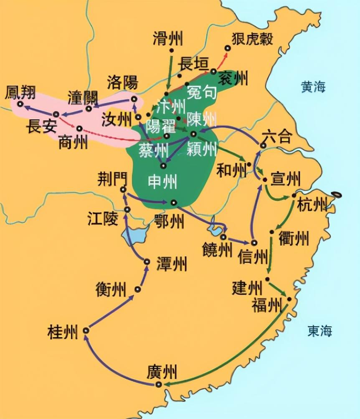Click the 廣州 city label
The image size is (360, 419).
tap(162, 371)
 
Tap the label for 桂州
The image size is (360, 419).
tap(63, 332)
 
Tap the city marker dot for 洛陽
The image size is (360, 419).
tap(134, 99)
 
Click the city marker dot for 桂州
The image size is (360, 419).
tap(86, 330)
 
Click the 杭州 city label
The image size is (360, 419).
tap(312, 205)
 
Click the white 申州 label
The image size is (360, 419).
tap(162, 182)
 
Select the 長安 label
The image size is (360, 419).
tap(41, 126)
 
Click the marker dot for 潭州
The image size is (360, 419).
tap(147, 262)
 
